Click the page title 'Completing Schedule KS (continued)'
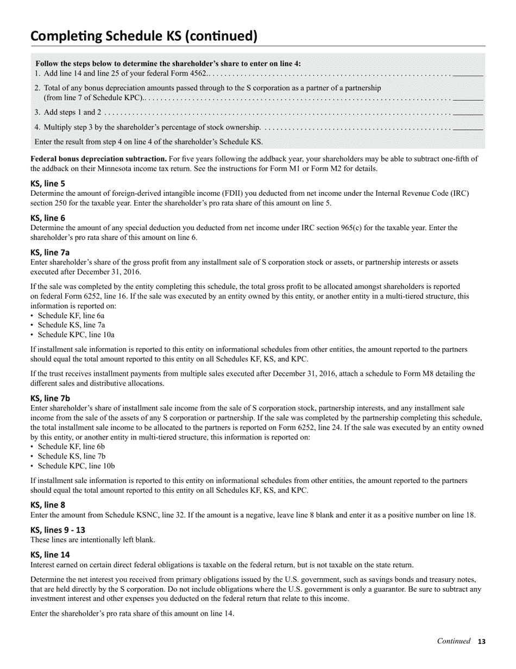pos(143,36)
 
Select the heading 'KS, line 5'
pos(48,184)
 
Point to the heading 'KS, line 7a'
pos(50,252)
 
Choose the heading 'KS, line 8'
pos(48,505)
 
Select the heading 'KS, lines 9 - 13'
pos(58,530)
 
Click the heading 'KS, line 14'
pos(50,555)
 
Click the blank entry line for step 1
pos(468,74)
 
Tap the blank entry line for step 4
pos(468,128)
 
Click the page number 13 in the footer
pos(481,642)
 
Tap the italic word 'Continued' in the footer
pos(454,641)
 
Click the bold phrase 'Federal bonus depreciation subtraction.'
pos(98,159)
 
